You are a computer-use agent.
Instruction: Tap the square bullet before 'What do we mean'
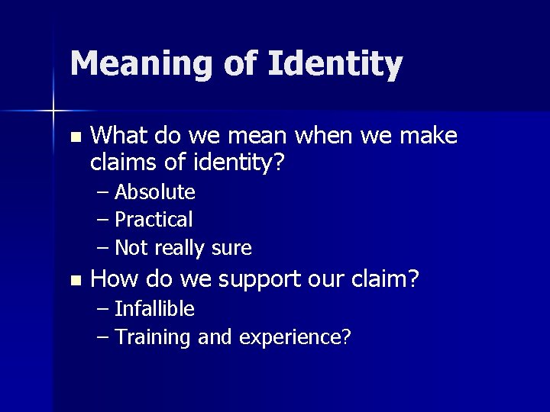74,138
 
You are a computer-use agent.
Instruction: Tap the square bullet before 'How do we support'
74,281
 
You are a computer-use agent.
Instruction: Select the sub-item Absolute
155,192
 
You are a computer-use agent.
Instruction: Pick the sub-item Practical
154,220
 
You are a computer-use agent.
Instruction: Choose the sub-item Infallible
154,309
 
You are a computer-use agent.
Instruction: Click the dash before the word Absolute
104,192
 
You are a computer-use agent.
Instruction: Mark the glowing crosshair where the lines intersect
53,111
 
